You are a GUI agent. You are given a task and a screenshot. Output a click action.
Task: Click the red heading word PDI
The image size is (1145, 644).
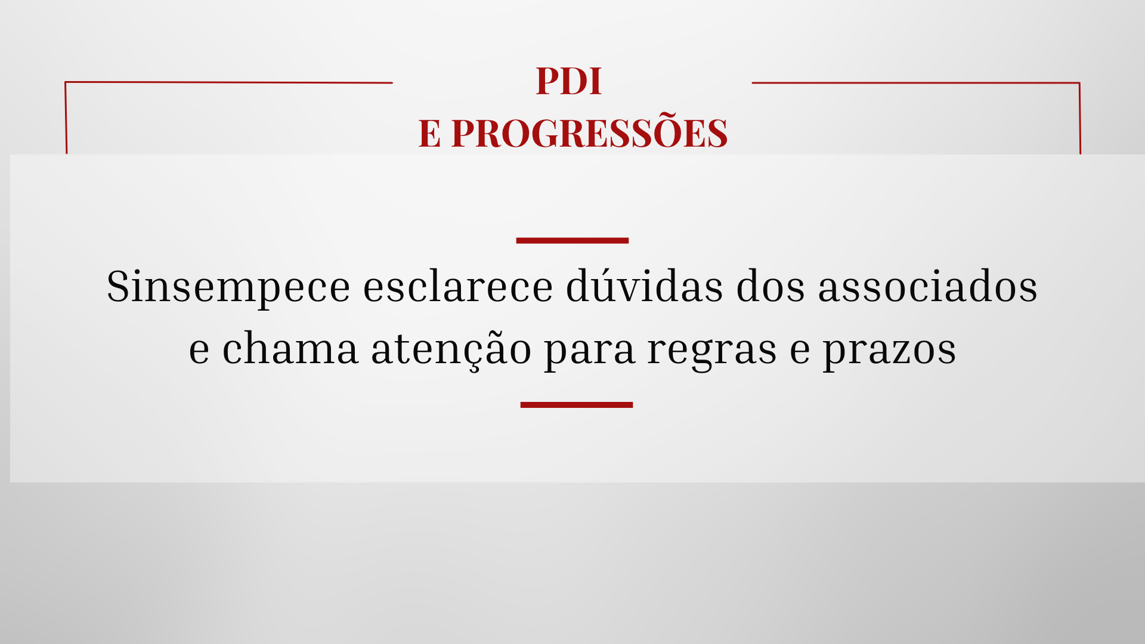click(569, 81)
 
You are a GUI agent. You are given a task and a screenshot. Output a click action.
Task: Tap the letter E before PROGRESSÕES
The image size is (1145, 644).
click(429, 133)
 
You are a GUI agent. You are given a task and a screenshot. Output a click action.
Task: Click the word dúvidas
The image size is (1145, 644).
click(645, 285)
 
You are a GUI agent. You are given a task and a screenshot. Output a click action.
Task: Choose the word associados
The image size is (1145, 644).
click(927, 286)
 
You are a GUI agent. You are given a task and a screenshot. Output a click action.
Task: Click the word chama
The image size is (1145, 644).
click(290, 348)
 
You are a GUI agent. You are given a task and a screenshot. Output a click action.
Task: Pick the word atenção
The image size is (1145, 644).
click(451, 350)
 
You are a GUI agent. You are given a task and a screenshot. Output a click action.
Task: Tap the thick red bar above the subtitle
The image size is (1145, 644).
click(572, 240)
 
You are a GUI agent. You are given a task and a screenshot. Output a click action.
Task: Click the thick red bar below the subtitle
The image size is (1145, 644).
click(577, 405)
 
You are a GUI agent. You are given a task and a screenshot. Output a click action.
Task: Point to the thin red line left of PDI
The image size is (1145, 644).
click(228, 82)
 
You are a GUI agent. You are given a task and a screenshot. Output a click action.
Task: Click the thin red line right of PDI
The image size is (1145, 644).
click(916, 83)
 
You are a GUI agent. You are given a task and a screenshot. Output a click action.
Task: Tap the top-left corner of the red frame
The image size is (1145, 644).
click(65, 82)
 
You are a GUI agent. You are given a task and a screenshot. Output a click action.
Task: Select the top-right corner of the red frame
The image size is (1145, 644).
click(1079, 83)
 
